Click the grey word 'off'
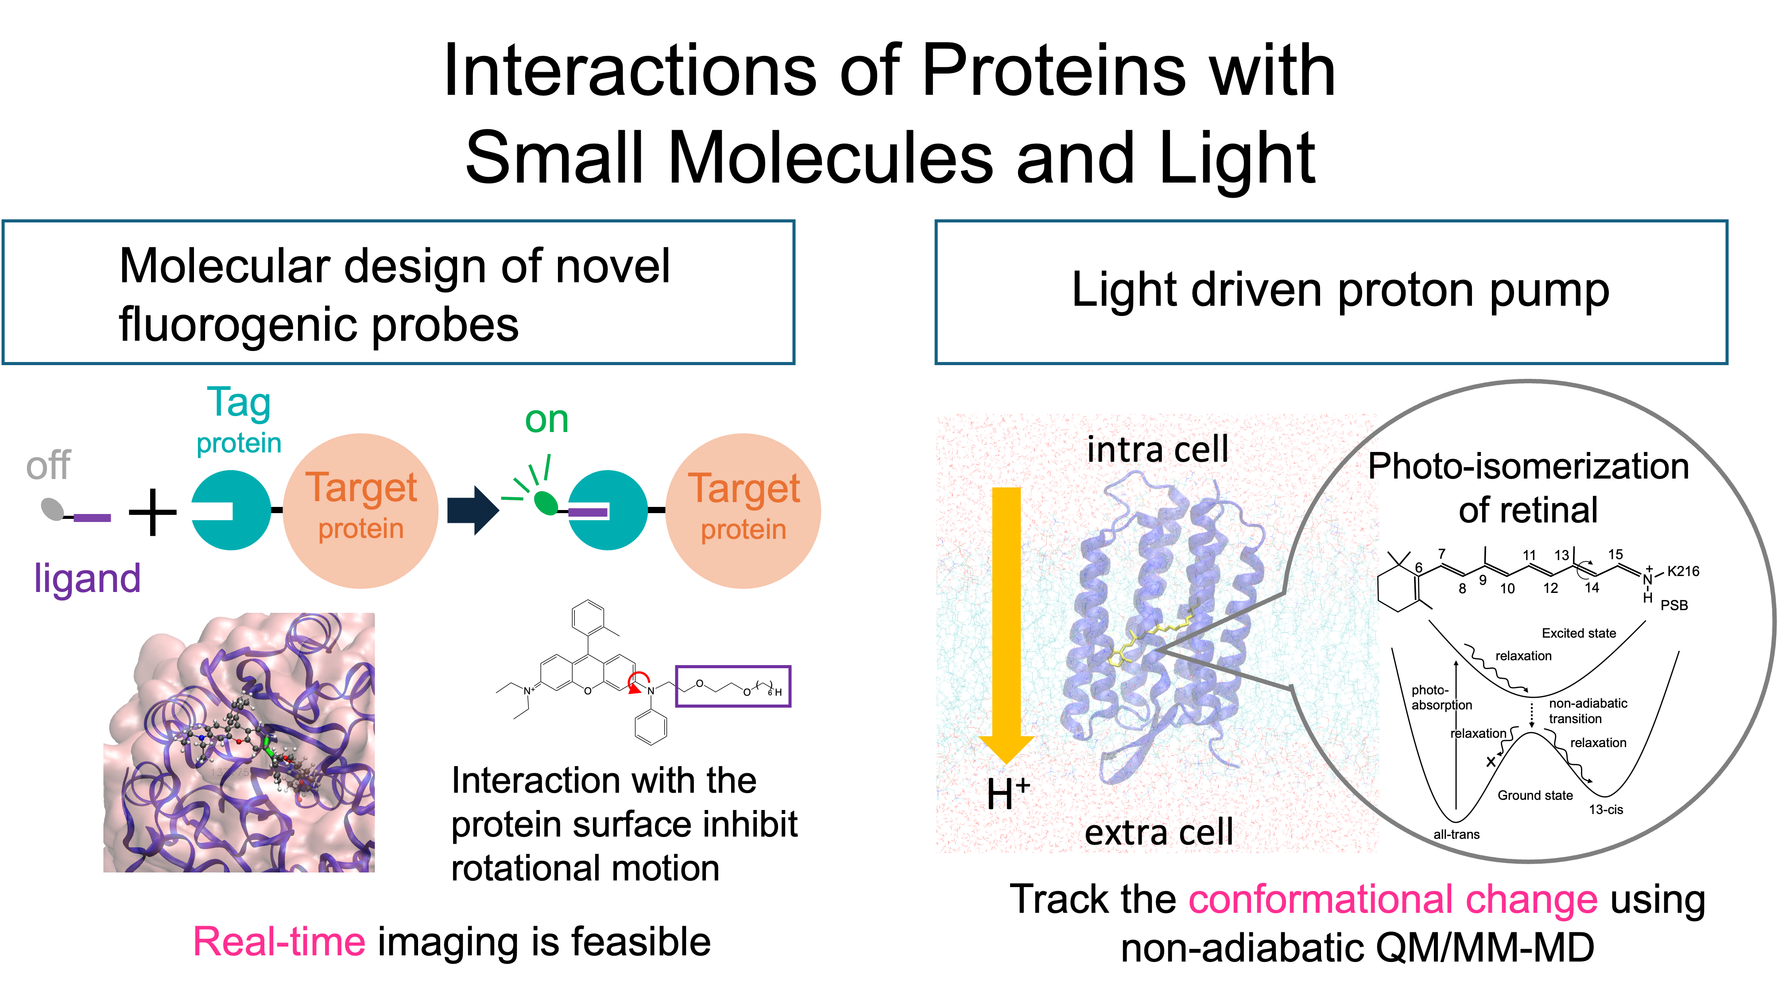tap(48, 466)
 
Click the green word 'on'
tap(546, 420)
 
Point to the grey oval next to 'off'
tap(52, 510)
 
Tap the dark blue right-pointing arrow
tap(473, 510)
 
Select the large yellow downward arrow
tap(1006, 621)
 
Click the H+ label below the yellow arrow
tap(1008, 794)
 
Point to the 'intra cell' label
tap(1158, 449)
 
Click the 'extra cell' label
tap(1159, 832)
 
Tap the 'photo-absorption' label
tap(1441, 697)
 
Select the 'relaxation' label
tap(1478, 733)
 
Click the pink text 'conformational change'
tap(1393, 900)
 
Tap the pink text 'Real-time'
tap(279, 942)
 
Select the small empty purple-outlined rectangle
tap(732, 686)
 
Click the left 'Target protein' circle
tap(360, 511)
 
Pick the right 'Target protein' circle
tap(744, 511)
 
